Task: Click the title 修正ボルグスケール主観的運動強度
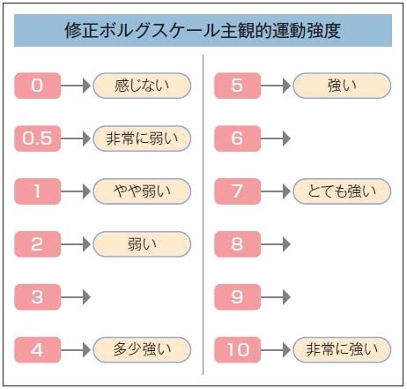(x=203, y=30)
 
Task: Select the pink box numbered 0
(x=38, y=86)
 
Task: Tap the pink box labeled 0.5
(x=38, y=138)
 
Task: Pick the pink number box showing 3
(x=38, y=297)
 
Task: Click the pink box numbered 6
(x=238, y=138)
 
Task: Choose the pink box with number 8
(x=238, y=244)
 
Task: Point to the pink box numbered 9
(x=238, y=297)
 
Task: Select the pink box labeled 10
(x=238, y=349)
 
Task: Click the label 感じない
(x=142, y=86)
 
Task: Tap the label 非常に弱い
(x=142, y=138)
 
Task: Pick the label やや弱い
(x=142, y=191)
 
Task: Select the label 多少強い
(x=142, y=349)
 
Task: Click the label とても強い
(x=342, y=191)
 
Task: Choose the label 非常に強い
(x=342, y=349)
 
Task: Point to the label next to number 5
(x=342, y=86)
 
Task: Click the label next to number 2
(x=142, y=244)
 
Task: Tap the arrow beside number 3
(x=76, y=297)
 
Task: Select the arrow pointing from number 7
(x=276, y=191)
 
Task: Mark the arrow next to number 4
(x=76, y=349)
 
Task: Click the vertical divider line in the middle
(x=203, y=214)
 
